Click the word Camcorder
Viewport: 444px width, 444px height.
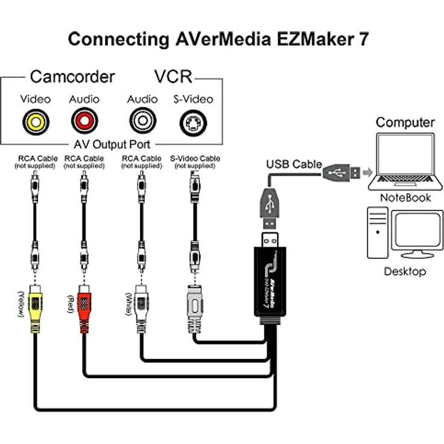point(72,77)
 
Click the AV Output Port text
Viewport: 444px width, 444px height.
point(112,145)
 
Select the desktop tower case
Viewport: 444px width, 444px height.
point(378,233)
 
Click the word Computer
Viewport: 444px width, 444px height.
point(405,122)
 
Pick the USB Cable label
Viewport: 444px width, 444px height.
point(294,164)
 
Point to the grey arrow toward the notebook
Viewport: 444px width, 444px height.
point(365,172)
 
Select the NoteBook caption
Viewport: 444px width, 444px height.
point(405,197)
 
